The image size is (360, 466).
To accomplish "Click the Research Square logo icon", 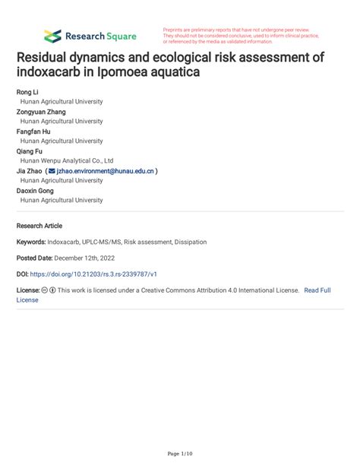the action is point(52,36).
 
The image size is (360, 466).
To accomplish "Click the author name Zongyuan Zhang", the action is point(41,112).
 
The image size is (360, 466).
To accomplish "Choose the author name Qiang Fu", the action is point(30,151).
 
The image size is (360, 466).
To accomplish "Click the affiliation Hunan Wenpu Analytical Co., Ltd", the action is point(67,161).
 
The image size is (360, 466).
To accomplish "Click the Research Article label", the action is point(39,226).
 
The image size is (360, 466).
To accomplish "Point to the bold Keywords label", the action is point(33,242).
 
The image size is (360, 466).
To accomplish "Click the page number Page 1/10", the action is point(180,454).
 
